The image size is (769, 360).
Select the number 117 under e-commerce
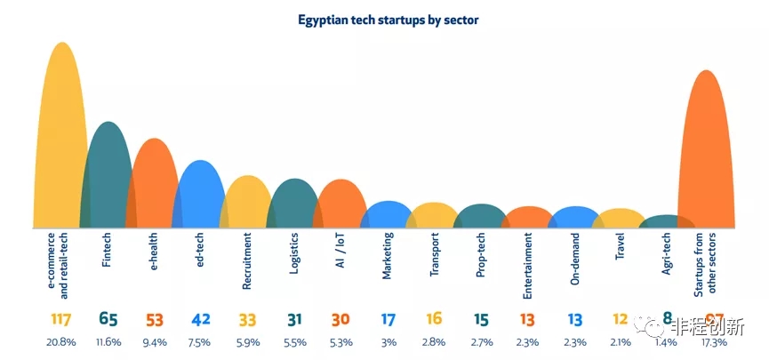pos(61,319)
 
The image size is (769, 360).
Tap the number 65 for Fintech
pos(108,319)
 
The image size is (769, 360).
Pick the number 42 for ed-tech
pos(202,319)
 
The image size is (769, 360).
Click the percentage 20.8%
pos(61,341)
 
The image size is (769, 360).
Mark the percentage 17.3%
pos(713,341)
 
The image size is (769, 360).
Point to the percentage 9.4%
pos(155,341)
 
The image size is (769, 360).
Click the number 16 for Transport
pos(434,319)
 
